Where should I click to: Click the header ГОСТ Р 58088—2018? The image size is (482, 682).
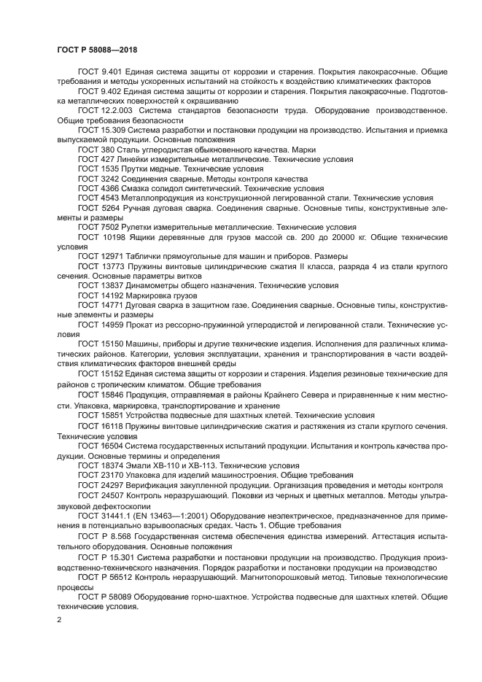point(96,49)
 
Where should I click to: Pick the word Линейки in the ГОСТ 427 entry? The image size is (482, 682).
point(136,158)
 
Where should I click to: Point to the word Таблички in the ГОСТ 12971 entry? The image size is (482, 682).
point(146,257)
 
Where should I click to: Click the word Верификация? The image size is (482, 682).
point(155,484)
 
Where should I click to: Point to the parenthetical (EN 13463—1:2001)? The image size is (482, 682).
point(174,514)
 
